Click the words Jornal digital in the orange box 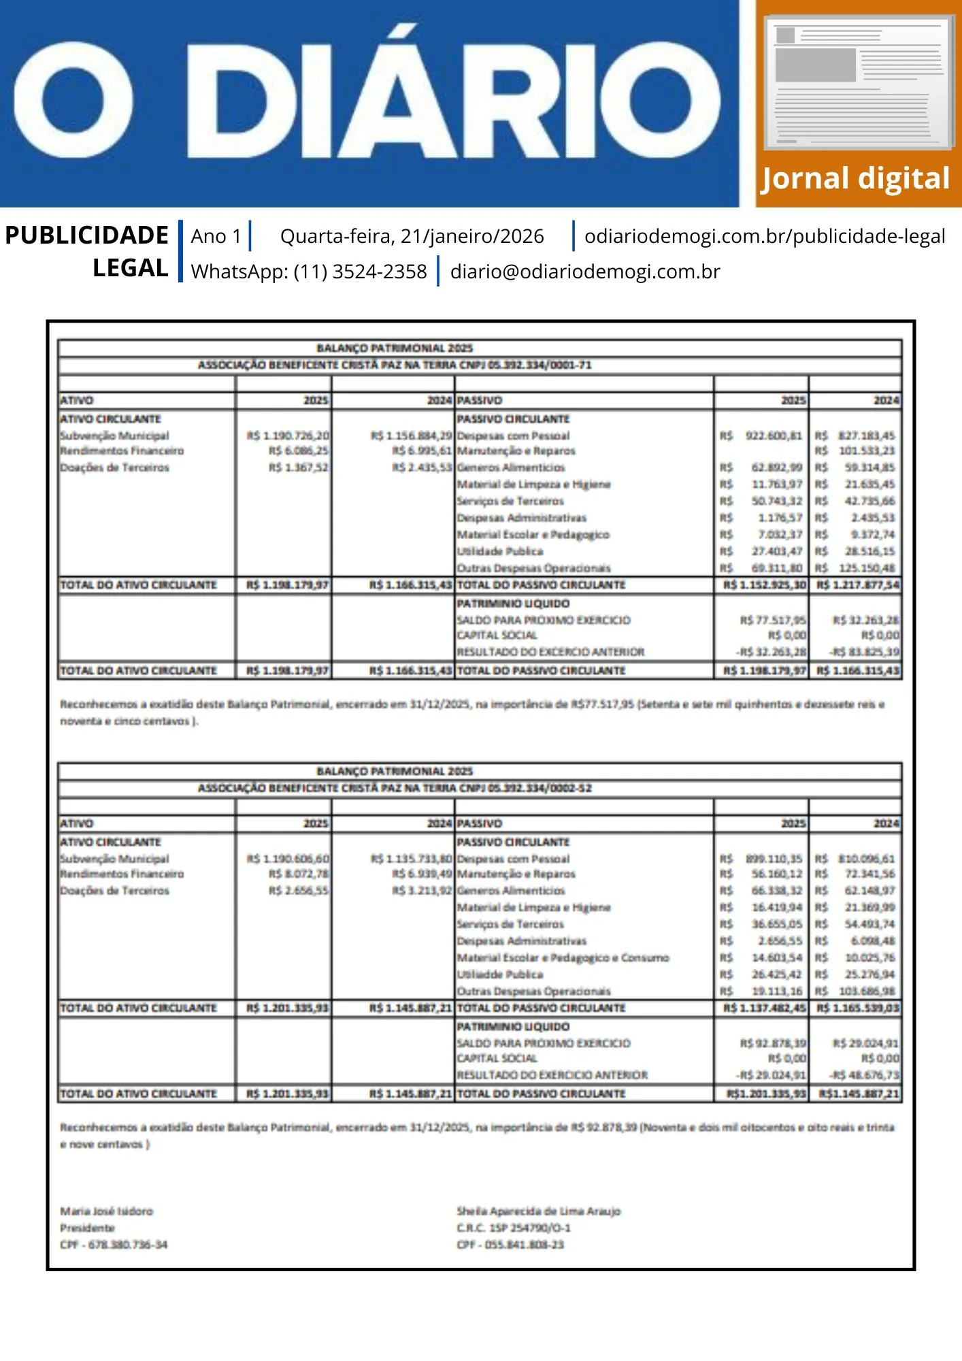(x=855, y=179)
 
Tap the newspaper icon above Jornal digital (x=859, y=82)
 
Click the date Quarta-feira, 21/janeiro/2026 (x=412, y=236)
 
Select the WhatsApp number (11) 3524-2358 (x=360, y=272)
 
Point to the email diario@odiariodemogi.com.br (x=585, y=272)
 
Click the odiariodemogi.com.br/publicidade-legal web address (x=765, y=236)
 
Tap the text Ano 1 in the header (x=216, y=236)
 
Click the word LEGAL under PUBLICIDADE (x=131, y=268)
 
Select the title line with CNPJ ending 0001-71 (x=395, y=365)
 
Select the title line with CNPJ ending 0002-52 (x=395, y=788)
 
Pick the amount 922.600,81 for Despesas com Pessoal (x=774, y=436)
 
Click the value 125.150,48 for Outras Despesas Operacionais (x=866, y=568)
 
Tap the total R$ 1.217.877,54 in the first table (x=857, y=585)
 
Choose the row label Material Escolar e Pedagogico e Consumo (x=563, y=957)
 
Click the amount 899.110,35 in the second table (x=774, y=859)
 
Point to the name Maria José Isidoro (x=107, y=1211)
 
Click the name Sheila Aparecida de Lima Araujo (x=538, y=1211)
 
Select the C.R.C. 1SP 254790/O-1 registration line (x=514, y=1228)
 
